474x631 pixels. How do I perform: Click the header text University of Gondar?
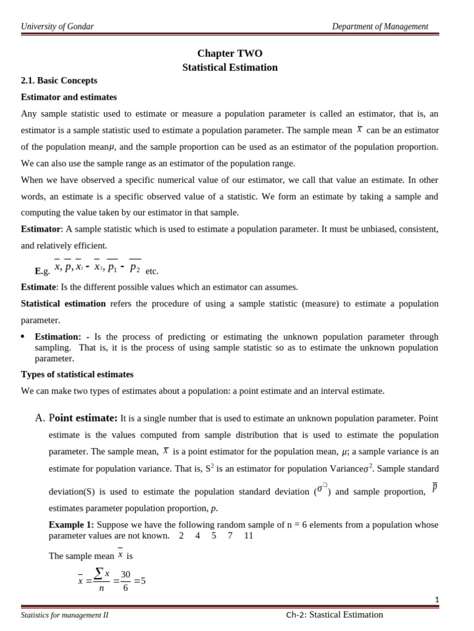pos(57,26)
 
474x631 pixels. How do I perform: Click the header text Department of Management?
pos(380,26)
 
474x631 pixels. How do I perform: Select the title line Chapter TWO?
pos(230,54)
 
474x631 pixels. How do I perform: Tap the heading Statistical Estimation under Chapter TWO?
pos(230,67)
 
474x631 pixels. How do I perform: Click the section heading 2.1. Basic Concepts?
pos(59,81)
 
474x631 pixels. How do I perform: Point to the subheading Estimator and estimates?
pos(69,97)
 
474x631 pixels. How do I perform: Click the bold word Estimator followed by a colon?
pos(41,229)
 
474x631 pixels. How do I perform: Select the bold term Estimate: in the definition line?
pos(39,287)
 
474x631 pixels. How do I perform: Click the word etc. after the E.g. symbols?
pos(152,271)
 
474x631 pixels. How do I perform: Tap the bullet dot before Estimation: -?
pos(23,336)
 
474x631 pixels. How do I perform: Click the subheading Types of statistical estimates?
pos(77,375)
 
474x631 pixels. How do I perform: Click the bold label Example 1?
pos(71,524)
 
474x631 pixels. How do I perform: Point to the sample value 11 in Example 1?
pos(248,535)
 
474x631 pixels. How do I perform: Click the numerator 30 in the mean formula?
pos(125,574)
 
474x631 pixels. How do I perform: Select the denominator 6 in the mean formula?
pos(125,588)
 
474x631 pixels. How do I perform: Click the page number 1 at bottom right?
pos(436,600)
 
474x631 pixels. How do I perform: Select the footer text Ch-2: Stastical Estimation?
pos(335,614)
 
